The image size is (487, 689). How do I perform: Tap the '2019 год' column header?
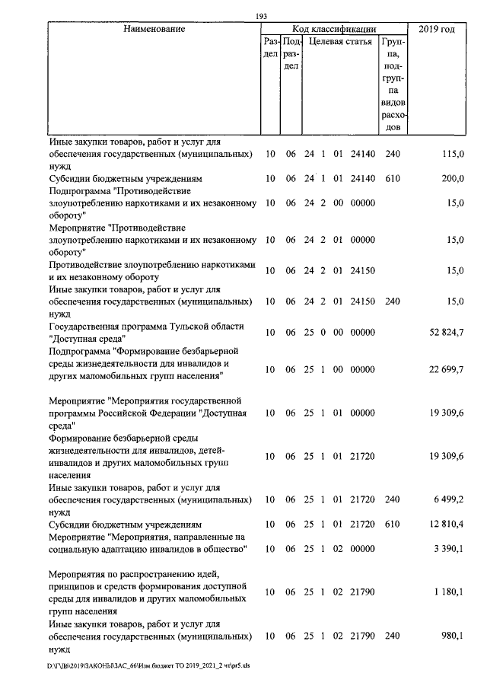coord(437,30)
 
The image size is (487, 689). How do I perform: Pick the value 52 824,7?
coord(447,332)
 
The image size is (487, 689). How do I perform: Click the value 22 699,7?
coord(447,368)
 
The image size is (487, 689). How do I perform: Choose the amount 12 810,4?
coord(447,525)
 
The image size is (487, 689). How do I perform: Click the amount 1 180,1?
coord(449,592)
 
